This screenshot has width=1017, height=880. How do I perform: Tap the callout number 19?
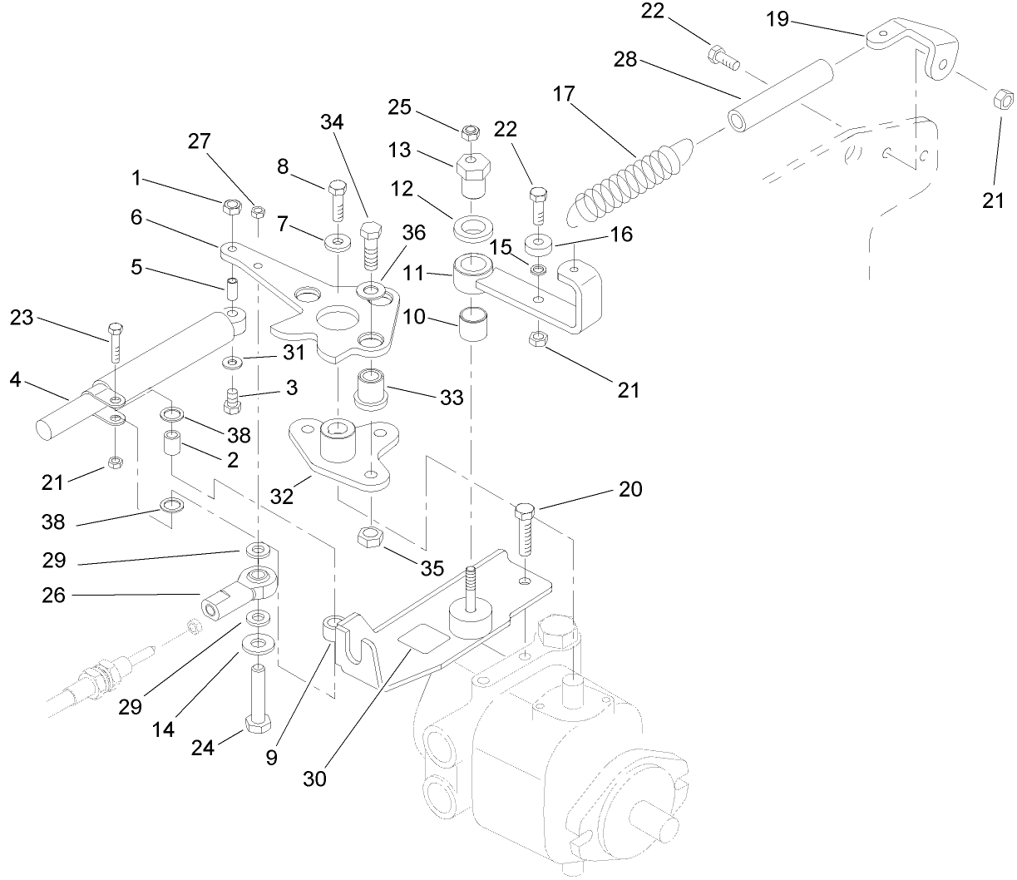pyautogui.click(x=778, y=18)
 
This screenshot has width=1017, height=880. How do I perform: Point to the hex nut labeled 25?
pyautogui.click(x=471, y=131)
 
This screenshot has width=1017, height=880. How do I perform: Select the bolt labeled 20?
pyautogui.click(x=525, y=529)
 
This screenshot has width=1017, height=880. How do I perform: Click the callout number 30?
pyautogui.click(x=314, y=779)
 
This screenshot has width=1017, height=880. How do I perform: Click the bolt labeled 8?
pyautogui.click(x=338, y=200)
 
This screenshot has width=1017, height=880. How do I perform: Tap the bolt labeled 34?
pyautogui.click(x=371, y=244)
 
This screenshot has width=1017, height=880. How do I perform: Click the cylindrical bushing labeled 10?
pyautogui.click(x=473, y=322)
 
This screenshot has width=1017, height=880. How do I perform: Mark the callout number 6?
pyautogui.click(x=136, y=218)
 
